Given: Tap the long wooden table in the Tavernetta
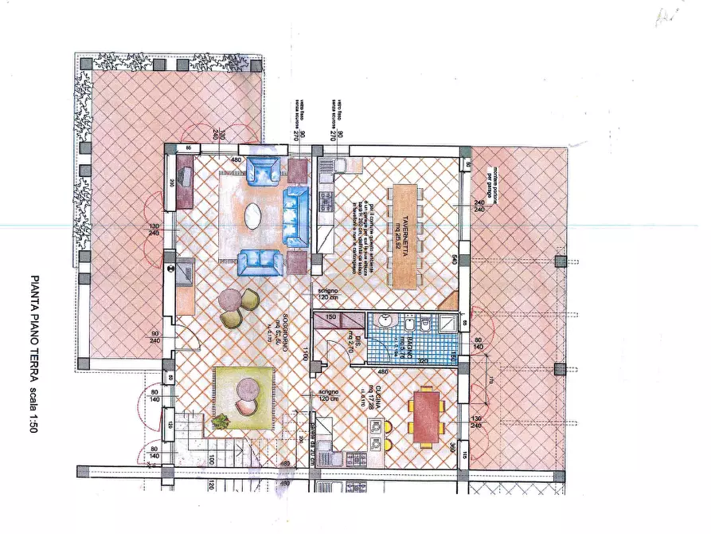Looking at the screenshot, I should click(x=404, y=237).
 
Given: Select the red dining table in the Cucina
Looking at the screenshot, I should click(x=427, y=415).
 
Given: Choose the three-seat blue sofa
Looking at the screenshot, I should click(x=296, y=217).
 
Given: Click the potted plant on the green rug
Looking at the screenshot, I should click(x=222, y=419).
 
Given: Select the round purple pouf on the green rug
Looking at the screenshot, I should click(x=248, y=390).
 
